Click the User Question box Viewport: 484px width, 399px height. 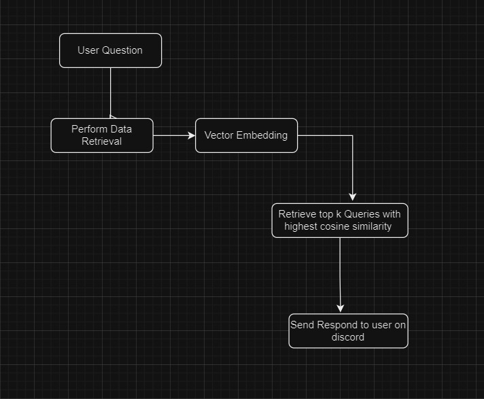coord(110,50)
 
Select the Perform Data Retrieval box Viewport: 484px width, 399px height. coord(102,135)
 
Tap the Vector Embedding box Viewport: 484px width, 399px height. coord(246,135)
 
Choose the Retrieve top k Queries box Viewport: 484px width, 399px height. coord(340,220)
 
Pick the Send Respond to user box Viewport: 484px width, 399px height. coord(348,331)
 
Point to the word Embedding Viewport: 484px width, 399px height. coord(262,135)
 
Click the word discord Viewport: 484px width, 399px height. coord(348,337)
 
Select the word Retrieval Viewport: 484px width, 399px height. coord(102,141)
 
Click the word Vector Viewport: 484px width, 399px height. coord(219,135)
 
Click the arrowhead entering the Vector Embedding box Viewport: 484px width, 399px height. coord(192,135)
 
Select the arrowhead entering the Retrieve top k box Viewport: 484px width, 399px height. coord(352,198)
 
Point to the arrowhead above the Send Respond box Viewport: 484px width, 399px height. coord(341,309)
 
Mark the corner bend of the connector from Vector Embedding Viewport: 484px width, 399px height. coord(352,136)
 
